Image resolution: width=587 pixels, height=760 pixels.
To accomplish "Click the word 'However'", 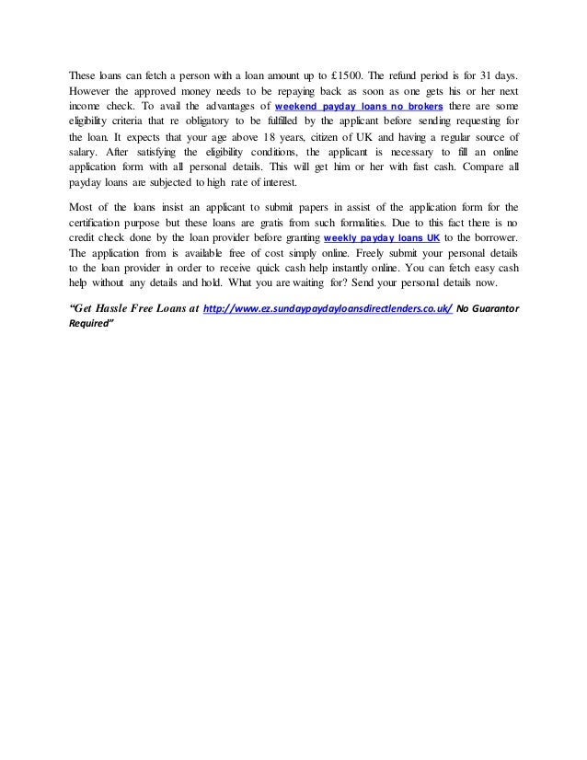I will point(92,92).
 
